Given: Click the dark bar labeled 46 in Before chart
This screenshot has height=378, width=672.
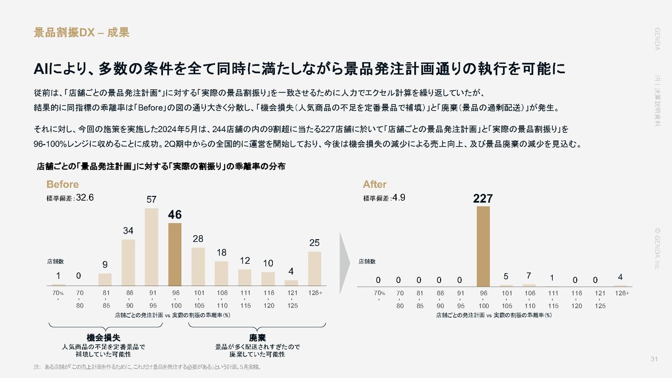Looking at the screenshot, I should (x=175, y=255).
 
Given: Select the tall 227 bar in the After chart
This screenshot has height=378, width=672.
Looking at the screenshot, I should (x=483, y=246).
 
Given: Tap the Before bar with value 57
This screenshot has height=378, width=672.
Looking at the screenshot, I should (x=151, y=247).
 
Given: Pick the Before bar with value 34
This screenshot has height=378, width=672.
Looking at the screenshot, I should (x=128, y=263).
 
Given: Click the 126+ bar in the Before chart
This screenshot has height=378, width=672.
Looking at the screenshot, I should (x=314, y=269).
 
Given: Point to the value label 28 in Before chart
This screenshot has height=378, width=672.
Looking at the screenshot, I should (x=198, y=239).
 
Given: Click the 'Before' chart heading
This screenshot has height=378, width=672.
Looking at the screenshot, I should (x=62, y=184).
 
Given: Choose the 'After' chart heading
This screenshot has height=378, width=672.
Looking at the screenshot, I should (x=375, y=184).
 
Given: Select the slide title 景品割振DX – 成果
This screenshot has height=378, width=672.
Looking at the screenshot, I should (x=82, y=32).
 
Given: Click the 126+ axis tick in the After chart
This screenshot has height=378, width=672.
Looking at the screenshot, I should (x=622, y=293).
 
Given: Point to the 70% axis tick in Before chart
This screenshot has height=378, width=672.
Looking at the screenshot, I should (x=58, y=293).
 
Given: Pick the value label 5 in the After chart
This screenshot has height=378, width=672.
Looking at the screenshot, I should (x=506, y=276).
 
